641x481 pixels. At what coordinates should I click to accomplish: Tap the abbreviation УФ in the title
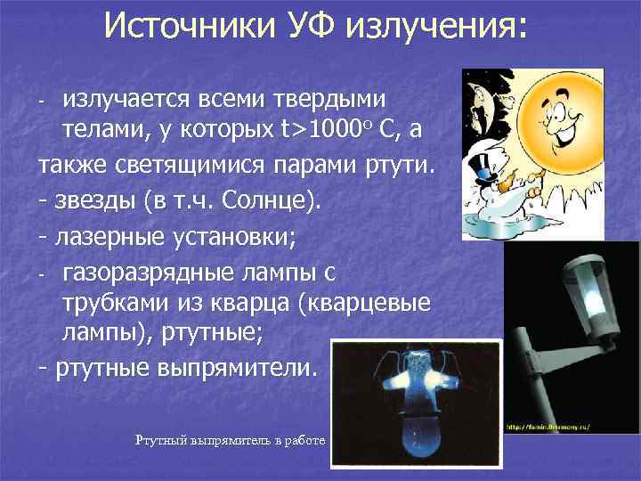314,26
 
